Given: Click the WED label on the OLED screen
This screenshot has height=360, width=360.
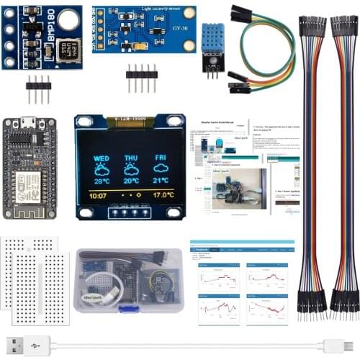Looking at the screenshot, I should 102,158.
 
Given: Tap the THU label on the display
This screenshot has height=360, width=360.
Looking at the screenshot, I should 131,158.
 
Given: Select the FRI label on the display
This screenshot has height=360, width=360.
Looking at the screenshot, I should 161,158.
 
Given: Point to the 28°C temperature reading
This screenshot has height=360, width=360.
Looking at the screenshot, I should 102,181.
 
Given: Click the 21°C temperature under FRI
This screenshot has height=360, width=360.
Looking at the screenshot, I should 161,181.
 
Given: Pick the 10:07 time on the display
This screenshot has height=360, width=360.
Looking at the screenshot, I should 97,195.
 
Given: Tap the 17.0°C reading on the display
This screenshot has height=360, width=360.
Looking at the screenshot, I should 163,195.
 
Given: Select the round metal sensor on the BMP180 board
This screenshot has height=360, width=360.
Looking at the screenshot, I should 67,20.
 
